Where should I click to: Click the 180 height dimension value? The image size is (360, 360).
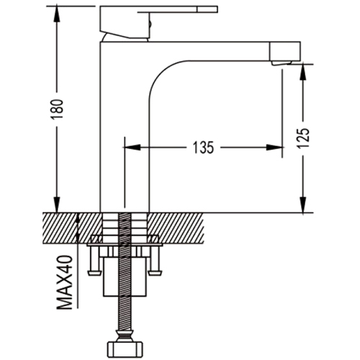pos(59,109)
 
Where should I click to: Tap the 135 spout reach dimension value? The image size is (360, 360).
pos(203,148)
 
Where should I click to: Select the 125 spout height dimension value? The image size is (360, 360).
pos(303,138)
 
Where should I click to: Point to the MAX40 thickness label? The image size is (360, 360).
pos(65,282)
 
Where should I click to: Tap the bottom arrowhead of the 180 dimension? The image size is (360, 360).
pos(57,204)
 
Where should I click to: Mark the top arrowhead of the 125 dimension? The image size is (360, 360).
pos(303,73)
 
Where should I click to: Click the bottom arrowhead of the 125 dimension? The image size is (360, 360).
pos(303,204)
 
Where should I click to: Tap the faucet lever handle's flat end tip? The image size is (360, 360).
pos(208,9)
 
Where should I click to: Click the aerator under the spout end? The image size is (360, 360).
pos(282,63)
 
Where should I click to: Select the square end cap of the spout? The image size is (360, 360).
pos(285,51)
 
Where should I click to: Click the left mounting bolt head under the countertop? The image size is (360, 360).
pos(94,273)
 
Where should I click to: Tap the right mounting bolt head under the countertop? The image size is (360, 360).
pos(156,273)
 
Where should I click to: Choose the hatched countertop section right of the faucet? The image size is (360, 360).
pos(177,228)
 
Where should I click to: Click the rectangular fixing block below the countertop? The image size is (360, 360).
pos(125,277)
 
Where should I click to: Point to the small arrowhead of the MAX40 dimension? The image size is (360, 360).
pos(78,219)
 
